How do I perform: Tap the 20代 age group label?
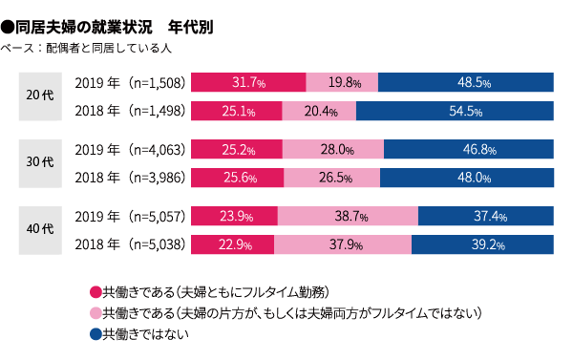(40, 95)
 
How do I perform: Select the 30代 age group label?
(40, 163)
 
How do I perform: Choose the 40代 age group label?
(40, 230)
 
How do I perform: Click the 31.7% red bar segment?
(248, 82)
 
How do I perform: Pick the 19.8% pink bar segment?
(341, 82)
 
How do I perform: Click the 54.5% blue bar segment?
(455, 111)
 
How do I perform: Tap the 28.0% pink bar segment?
(332, 149)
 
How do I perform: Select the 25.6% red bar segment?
(238, 178)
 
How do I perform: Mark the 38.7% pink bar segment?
(347, 216)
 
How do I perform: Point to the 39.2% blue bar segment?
(482, 244)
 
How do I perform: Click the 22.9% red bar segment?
(233, 244)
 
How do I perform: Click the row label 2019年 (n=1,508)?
(128, 82)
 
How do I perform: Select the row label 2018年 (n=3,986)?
(128, 178)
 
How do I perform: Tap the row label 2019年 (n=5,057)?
(128, 216)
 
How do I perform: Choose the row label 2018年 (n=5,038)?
(128, 244)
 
